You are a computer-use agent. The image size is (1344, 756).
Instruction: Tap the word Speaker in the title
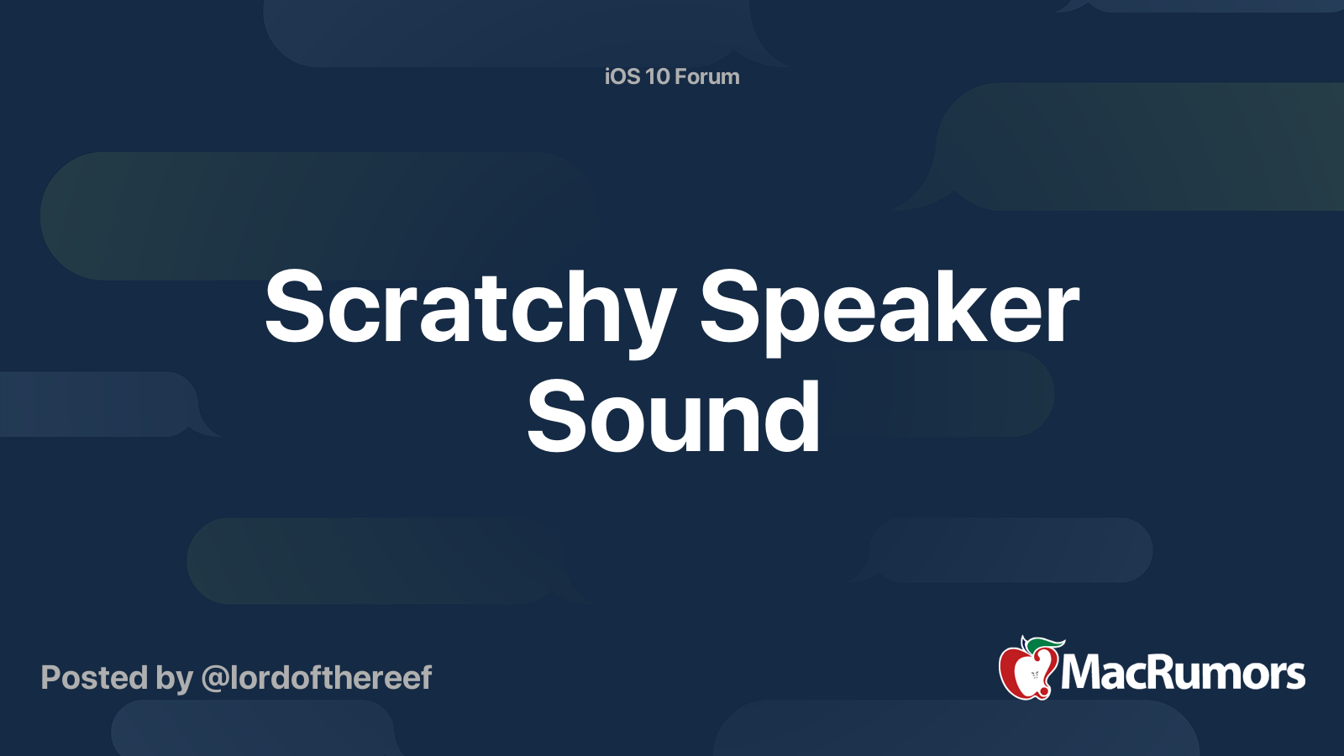(x=890, y=312)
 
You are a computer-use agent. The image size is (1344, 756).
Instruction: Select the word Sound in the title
(x=673, y=416)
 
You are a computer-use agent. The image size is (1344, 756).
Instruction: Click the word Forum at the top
(x=708, y=76)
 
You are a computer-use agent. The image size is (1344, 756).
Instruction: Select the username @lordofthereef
(x=317, y=678)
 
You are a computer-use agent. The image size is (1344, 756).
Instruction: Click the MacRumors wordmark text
(x=1183, y=673)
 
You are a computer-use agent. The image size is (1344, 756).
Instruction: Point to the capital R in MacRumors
(x=1171, y=672)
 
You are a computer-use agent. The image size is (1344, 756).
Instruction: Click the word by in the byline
(x=174, y=680)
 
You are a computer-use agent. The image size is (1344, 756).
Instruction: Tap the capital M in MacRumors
(x=1084, y=673)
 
